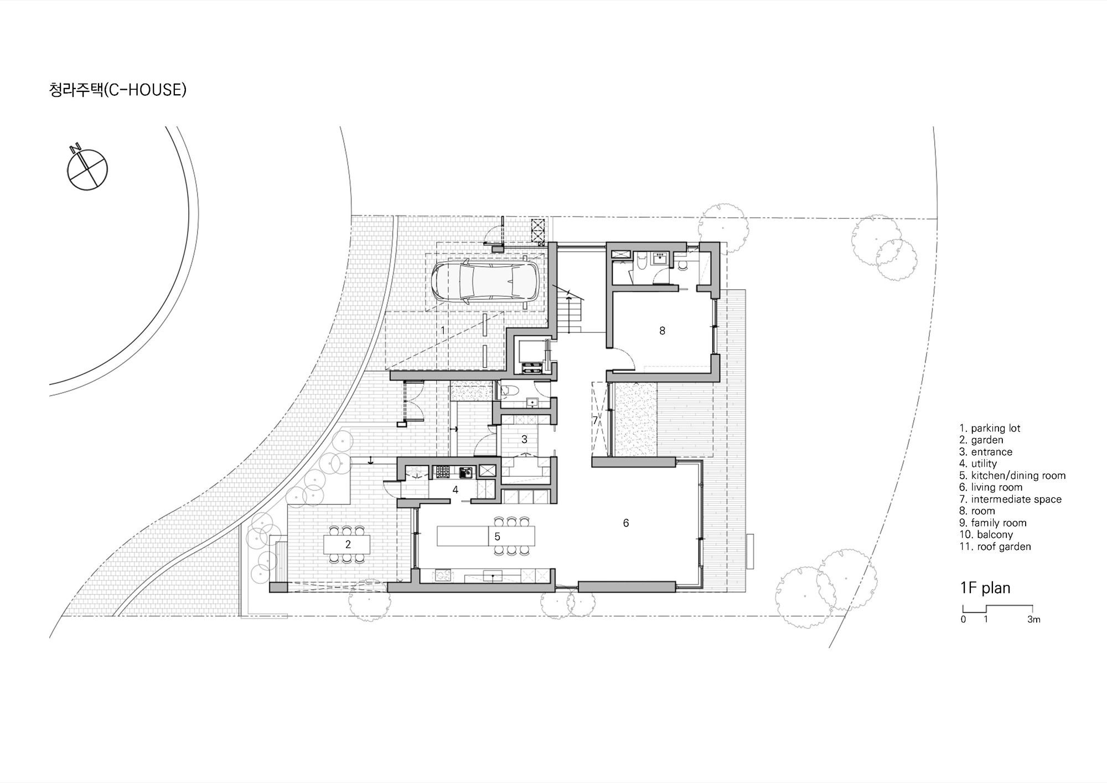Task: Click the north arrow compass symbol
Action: [87, 169]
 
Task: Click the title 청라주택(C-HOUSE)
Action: [118, 90]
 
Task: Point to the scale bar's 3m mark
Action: [1033, 620]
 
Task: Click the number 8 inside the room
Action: [662, 331]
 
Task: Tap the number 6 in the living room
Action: [626, 523]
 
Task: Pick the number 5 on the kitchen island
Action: [498, 536]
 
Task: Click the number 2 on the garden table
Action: [348, 544]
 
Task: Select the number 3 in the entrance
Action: [524, 439]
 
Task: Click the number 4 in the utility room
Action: [456, 490]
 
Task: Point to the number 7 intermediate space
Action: [596, 420]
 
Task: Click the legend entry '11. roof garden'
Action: [995, 547]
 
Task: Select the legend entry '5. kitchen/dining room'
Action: [1012, 476]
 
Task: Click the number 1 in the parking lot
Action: [443, 331]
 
